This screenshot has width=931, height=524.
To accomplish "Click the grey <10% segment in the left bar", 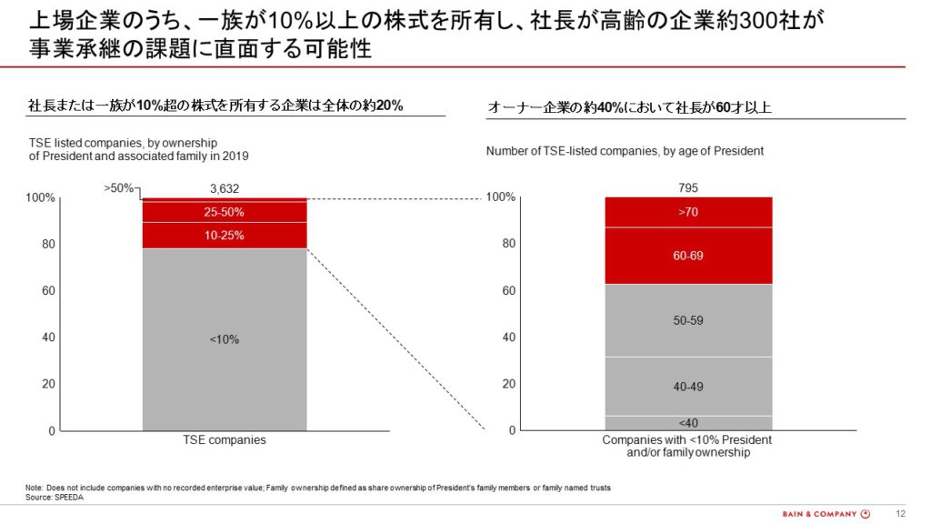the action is click(x=225, y=339).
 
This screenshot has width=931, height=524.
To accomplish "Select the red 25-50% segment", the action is click(x=225, y=211).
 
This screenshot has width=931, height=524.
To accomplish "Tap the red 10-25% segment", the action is click(x=225, y=236).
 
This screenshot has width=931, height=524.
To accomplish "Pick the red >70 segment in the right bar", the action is click(x=688, y=212).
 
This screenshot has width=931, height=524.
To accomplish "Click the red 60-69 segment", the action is click(x=688, y=256).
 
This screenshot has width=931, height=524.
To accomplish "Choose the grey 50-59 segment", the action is click(x=688, y=321).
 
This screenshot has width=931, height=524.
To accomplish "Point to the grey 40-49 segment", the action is click(x=688, y=387).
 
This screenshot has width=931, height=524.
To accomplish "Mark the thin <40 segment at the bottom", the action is click(x=688, y=423).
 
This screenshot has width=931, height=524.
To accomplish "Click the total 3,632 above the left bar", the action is click(x=225, y=188).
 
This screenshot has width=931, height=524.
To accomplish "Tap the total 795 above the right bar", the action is click(x=688, y=187).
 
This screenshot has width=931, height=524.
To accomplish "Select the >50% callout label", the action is click(x=119, y=187).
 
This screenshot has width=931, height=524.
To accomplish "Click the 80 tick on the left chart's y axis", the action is click(x=48, y=244).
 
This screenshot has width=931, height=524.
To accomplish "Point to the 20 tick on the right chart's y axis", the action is click(x=509, y=384).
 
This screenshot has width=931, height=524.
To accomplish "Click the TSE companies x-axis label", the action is click(x=225, y=439).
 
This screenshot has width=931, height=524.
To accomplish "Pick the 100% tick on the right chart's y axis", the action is click(x=501, y=196).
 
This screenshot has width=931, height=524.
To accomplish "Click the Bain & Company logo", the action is click(x=826, y=514).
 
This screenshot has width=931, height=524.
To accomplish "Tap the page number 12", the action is click(x=901, y=514).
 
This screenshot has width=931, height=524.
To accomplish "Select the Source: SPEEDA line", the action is click(x=54, y=498).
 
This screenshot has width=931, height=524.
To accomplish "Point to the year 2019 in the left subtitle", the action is click(x=235, y=156).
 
